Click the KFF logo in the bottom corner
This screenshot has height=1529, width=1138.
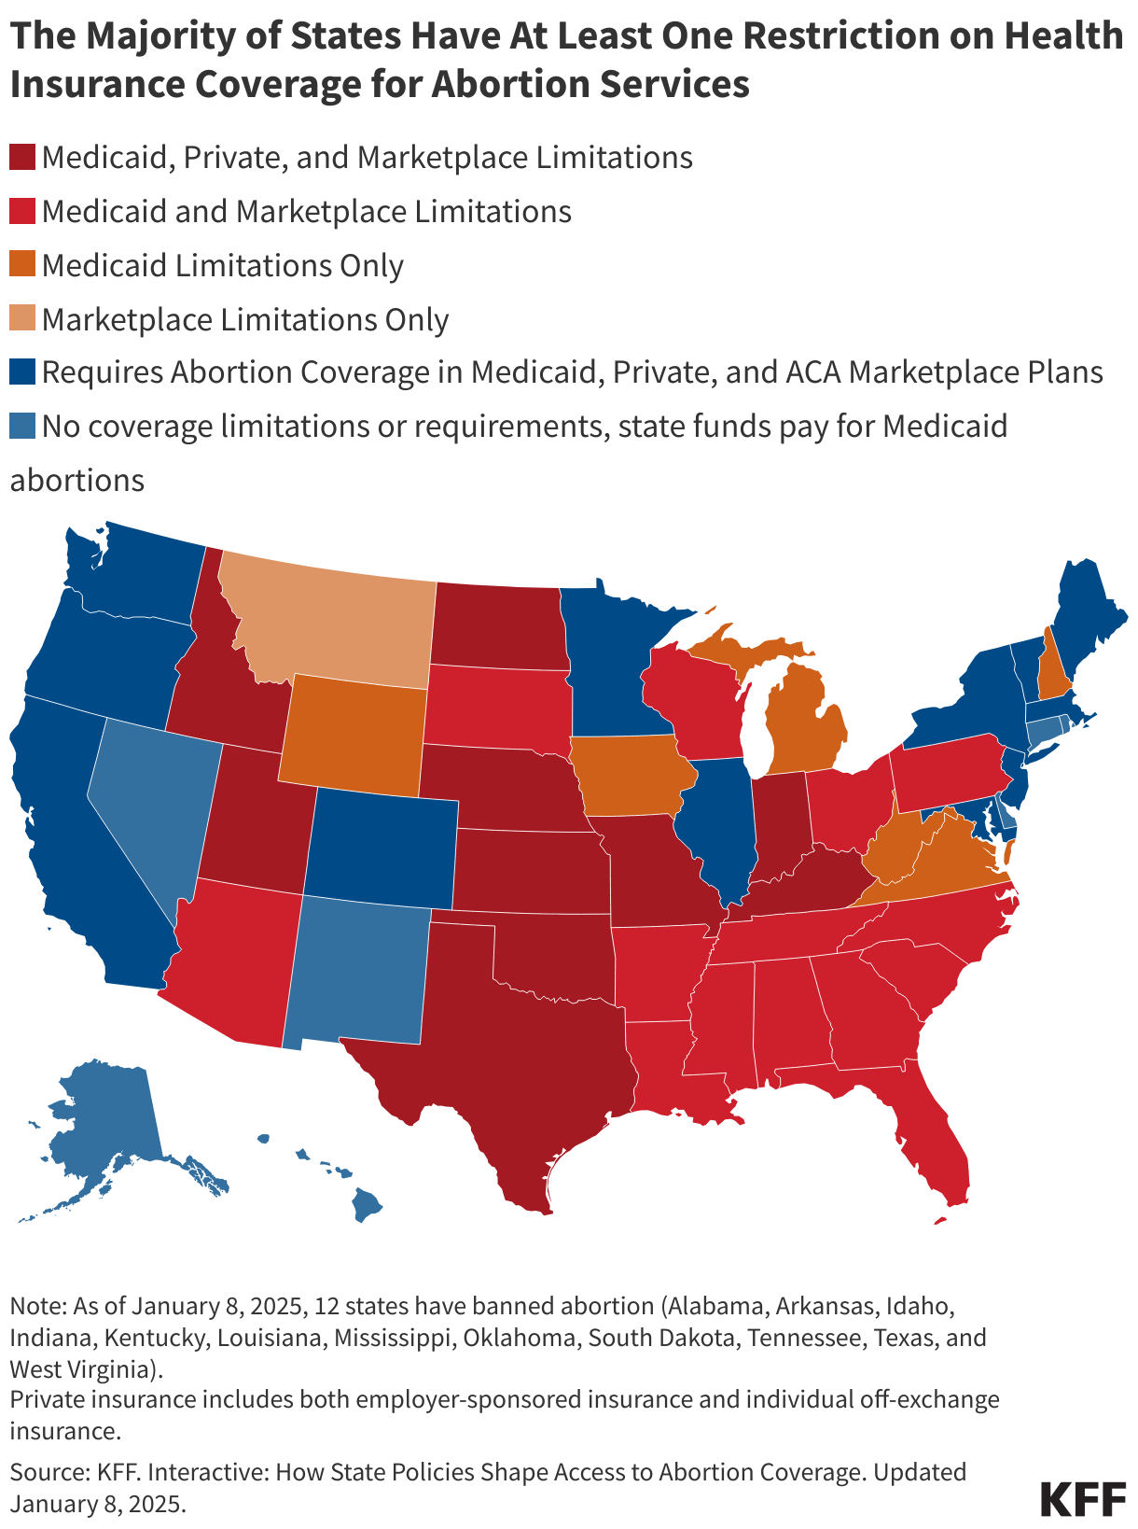point(1083,1498)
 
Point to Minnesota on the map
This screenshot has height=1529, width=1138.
point(606,663)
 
